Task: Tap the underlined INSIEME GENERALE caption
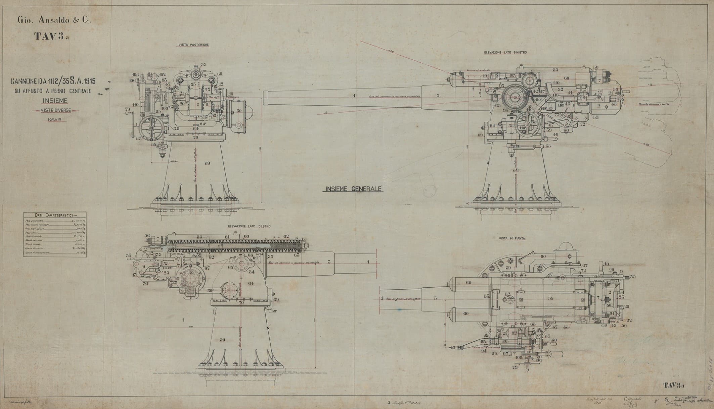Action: [352, 189]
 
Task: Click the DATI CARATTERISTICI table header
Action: [55, 215]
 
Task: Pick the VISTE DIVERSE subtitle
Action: [55, 110]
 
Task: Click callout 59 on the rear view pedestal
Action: [207, 163]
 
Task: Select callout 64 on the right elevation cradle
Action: [251, 283]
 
